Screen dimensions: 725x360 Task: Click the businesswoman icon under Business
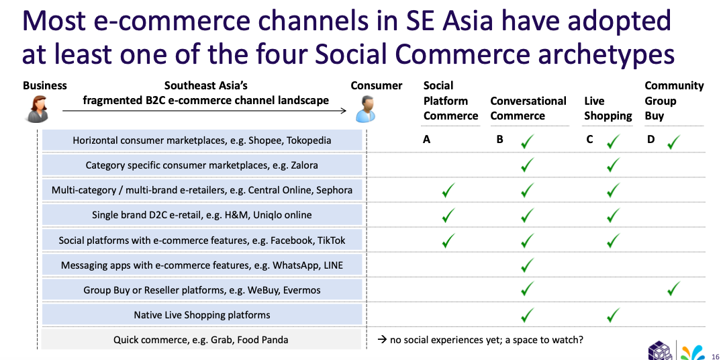(37, 109)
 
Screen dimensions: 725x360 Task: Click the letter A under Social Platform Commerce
(426, 139)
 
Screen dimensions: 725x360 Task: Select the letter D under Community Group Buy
(650, 139)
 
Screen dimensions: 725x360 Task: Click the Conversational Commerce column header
(528, 108)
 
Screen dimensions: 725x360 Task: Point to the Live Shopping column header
(608, 108)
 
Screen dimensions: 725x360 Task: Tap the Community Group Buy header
(674, 101)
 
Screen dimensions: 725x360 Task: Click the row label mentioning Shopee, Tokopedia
(202, 140)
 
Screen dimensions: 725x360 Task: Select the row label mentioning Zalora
(201, 165)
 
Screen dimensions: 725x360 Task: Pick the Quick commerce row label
(201, 340)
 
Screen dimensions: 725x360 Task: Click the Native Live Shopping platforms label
(201, 314)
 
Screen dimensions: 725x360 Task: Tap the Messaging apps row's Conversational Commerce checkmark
(527, 265)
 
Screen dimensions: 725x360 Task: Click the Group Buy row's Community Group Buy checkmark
(673, 289)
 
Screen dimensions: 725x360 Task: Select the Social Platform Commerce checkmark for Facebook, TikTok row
(448, 240)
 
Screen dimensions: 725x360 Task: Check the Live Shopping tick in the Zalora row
(613, 165)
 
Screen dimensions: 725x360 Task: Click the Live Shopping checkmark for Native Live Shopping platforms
(613, 315)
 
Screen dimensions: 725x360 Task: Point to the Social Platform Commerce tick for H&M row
(448, 215)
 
